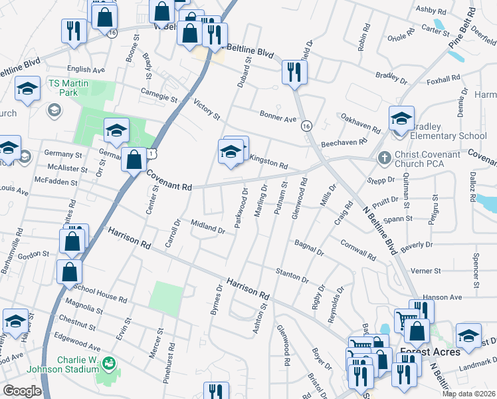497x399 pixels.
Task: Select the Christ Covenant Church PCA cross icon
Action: tap(383, 158)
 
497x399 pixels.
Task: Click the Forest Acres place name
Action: tap(430, 352)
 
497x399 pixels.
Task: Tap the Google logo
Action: tap(22, 391)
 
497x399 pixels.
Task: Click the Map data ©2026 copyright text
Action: tap(468, 394)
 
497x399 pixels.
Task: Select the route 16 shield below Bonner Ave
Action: tap(306, 126)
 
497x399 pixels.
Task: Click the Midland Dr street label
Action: tap(207, 227)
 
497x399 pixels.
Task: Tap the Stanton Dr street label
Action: tap(292, 275)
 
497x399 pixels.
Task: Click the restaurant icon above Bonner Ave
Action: tap(292, 72)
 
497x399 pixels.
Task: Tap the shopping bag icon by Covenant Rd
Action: tap(134, 160)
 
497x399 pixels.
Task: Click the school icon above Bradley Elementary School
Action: tap(401, 119)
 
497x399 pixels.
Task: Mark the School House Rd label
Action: tap(100, 294)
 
